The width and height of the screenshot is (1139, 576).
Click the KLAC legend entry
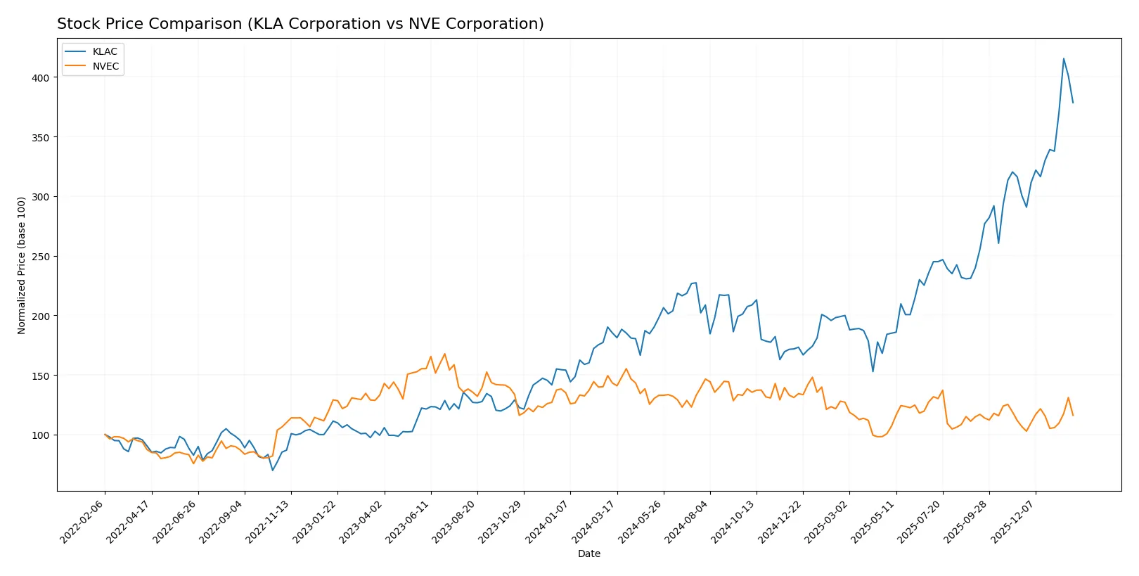tap(104, 51)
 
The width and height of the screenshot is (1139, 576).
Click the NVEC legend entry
tap(105, 66)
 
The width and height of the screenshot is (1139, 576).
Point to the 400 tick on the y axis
tap(41, 78)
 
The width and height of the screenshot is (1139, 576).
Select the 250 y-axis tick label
tap(41, 257)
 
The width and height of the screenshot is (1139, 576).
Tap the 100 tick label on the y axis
tap(41, 435)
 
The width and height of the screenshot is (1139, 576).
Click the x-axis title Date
tap(588, 553)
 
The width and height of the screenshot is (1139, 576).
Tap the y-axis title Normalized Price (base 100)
tap(22, 265)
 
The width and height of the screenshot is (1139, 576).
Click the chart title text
tap(300, 24)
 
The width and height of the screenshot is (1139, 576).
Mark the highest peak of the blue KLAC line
tap(1063, 58)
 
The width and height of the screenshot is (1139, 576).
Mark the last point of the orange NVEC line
tap(1073, 415)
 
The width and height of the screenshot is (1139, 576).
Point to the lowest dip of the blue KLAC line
tap(273, 470)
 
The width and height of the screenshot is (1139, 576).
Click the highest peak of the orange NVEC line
tap(444, 354)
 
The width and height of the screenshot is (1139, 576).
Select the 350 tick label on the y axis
tap(41, 138)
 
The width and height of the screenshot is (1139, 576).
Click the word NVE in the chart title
tap(430, 24)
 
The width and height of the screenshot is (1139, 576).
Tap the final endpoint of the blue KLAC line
tap(1073, 103)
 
